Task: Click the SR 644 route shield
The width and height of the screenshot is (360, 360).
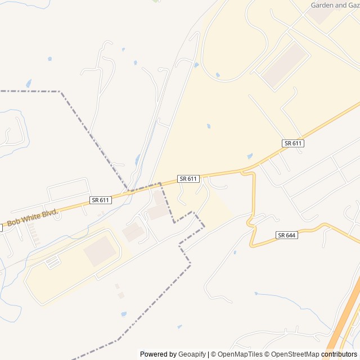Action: click(287, 235)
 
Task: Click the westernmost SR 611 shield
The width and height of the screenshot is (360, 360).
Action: click(100, 200)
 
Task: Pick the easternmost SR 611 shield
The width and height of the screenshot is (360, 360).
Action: click(293, 143)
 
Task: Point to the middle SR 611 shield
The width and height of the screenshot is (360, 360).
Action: click(188, 179)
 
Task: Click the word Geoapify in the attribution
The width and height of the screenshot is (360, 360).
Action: click(192, 354)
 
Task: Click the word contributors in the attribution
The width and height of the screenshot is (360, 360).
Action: click(339, 354)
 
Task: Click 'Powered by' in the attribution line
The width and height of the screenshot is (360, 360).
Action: click(158, 354)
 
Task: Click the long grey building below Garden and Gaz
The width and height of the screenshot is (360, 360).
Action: click(284, 65)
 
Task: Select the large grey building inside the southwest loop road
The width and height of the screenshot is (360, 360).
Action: click(100, 251)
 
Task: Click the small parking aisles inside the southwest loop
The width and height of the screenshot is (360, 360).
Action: click(52, 262)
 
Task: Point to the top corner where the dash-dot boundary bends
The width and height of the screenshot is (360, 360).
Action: click(60, 91)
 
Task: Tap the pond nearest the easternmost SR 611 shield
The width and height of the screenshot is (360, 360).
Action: click(250, 156)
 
